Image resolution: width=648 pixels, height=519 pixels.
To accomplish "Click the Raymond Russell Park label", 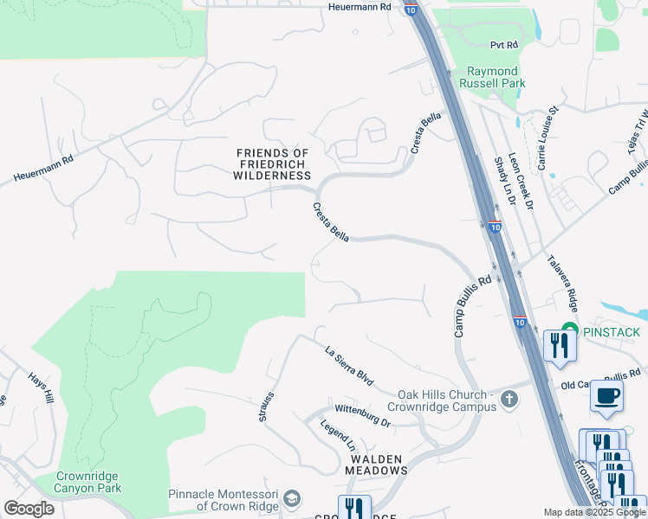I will (x=492, y=78).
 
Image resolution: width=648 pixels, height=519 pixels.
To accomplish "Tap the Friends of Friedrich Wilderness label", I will (x=272, y=164).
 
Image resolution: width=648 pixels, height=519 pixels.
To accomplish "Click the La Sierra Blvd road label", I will (x=349, y=366).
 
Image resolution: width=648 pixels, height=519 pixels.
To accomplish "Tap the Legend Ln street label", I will (x=339, y=434).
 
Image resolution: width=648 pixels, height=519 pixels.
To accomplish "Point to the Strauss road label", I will (x=266, y=407).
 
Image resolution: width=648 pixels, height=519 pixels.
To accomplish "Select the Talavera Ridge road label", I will (x=562, y=281).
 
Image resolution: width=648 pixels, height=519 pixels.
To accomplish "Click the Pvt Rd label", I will (x=503, y=44).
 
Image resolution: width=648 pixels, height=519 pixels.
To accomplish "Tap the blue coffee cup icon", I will (x=606, y=395).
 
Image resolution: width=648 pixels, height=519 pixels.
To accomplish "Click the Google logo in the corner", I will (x=29, y=508).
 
